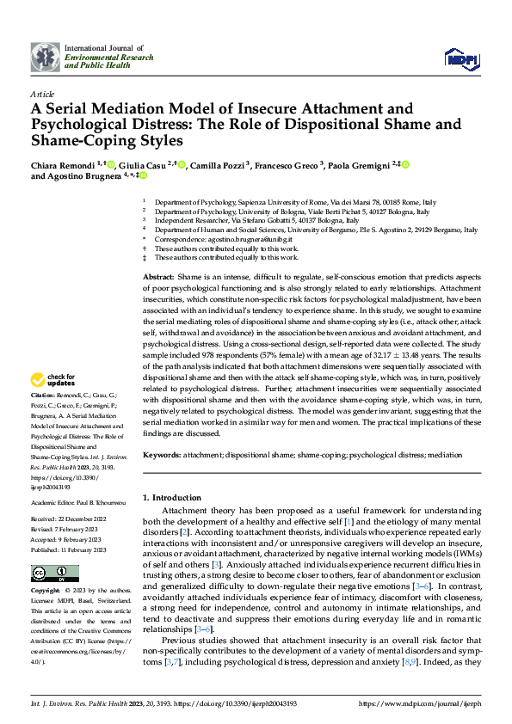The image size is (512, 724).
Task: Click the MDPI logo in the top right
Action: (x=455, y=58)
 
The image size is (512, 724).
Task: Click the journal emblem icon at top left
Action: (x=46, y=57)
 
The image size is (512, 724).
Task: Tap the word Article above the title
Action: (x=42, y=94)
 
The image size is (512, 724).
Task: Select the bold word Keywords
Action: (x=162, y=454)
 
